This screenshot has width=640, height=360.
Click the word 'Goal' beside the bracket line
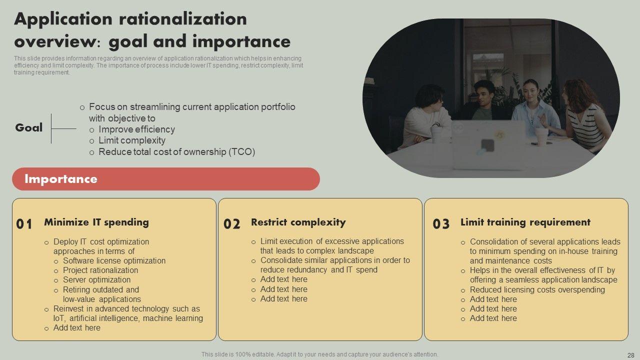pos(29,127)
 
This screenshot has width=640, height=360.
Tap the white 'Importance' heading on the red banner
pos(61,179)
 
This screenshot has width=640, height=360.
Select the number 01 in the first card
pos(24,224)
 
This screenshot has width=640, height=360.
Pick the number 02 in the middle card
pos(231,224)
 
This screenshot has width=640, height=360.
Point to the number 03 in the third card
pos(441,224)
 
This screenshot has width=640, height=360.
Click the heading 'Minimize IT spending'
pos(96,222)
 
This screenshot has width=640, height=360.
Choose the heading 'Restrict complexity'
pos(298,222)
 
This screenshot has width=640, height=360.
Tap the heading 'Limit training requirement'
pos(525,222)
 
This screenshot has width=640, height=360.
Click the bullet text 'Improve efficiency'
pos(136,129)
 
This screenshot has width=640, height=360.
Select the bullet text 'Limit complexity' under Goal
pos(132,140)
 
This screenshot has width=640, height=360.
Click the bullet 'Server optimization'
pos(96,279)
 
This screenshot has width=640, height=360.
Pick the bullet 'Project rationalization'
pos(100,270)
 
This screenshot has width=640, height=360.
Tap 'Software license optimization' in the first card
pos(114,260)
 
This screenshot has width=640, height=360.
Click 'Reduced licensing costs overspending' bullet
pos(537,289)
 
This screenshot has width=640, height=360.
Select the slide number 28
pos(631,355)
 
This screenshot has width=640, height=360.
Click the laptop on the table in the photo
pos(488,144)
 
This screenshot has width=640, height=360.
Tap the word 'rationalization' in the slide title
pos(182,19)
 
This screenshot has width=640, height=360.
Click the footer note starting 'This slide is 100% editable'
pos(319,354)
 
